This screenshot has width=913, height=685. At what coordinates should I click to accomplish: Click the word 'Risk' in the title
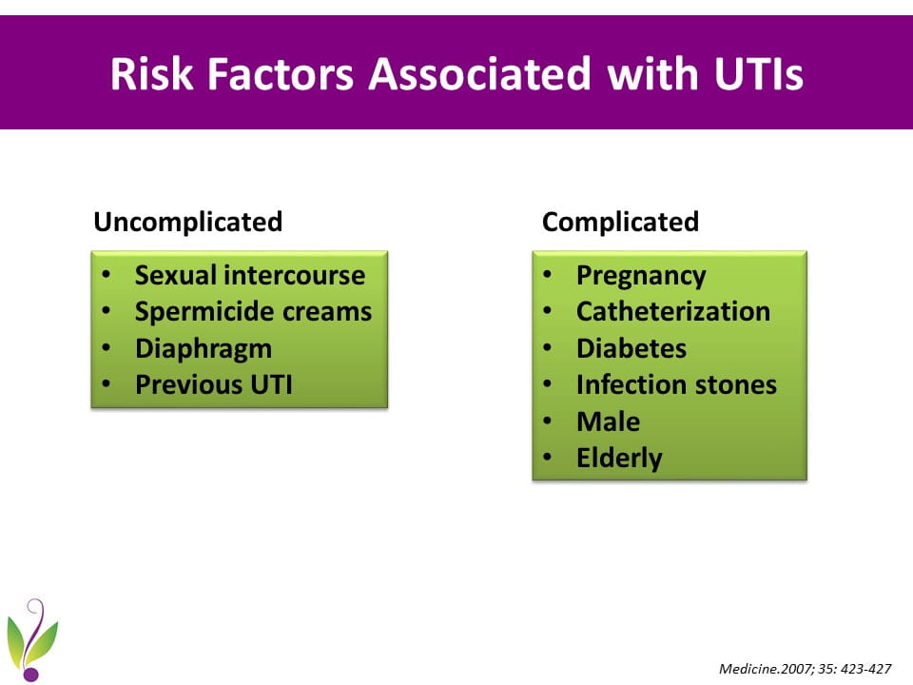(151, 74)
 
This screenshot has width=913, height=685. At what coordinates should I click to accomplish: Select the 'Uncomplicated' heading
(188, 223)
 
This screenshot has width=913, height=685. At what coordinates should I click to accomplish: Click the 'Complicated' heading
(620, 223)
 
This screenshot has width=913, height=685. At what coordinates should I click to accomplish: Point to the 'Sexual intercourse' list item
(250, 275)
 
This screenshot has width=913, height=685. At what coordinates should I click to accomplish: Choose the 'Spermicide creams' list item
(253, 312)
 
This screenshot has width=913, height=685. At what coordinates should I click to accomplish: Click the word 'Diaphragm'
(204, 349)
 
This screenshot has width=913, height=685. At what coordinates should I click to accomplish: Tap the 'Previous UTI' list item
(214, 385)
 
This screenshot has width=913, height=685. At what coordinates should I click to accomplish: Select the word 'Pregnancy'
(641, 276)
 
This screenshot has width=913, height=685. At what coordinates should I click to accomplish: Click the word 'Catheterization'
(673, 312)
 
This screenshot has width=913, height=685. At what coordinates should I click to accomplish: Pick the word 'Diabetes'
(631, 348)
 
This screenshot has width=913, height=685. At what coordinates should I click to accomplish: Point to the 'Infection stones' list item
(676, 385)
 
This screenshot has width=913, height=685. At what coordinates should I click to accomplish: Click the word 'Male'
(608, 421)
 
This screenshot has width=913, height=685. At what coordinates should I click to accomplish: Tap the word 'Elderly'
(619, 459)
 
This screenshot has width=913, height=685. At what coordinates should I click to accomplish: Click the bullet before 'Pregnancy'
(547, 275)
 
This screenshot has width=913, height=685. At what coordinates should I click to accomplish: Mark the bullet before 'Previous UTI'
(106, 384)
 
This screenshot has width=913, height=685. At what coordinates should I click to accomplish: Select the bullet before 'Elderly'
(547, 458)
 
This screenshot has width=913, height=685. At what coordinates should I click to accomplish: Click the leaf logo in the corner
(32, 639)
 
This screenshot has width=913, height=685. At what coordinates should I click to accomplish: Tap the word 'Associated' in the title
(479, 74)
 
